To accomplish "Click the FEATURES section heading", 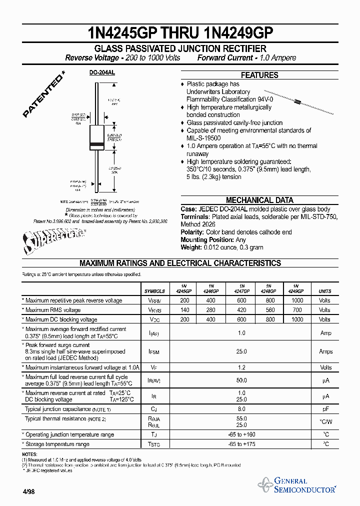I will point(259,75).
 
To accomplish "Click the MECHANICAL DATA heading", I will point(259,200).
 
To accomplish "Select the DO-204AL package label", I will point(102,72).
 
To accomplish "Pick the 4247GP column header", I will point(241,288).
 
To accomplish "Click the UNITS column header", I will point(324,291).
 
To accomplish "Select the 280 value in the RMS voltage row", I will point(210,310).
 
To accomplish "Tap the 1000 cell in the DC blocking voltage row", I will point(296,319).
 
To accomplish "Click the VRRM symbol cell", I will point(154,301).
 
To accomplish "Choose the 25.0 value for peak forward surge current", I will point(241,351).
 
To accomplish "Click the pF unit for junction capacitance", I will point(325,409).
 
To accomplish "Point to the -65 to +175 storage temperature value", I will point(241,444).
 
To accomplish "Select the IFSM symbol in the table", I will point(154,352).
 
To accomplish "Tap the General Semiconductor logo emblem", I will point(264,484).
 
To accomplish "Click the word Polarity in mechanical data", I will point(192,232).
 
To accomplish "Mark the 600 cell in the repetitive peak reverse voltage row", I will point(241,300).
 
